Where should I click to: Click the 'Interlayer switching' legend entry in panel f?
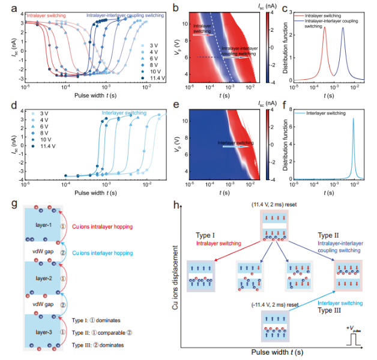[327, 112]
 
